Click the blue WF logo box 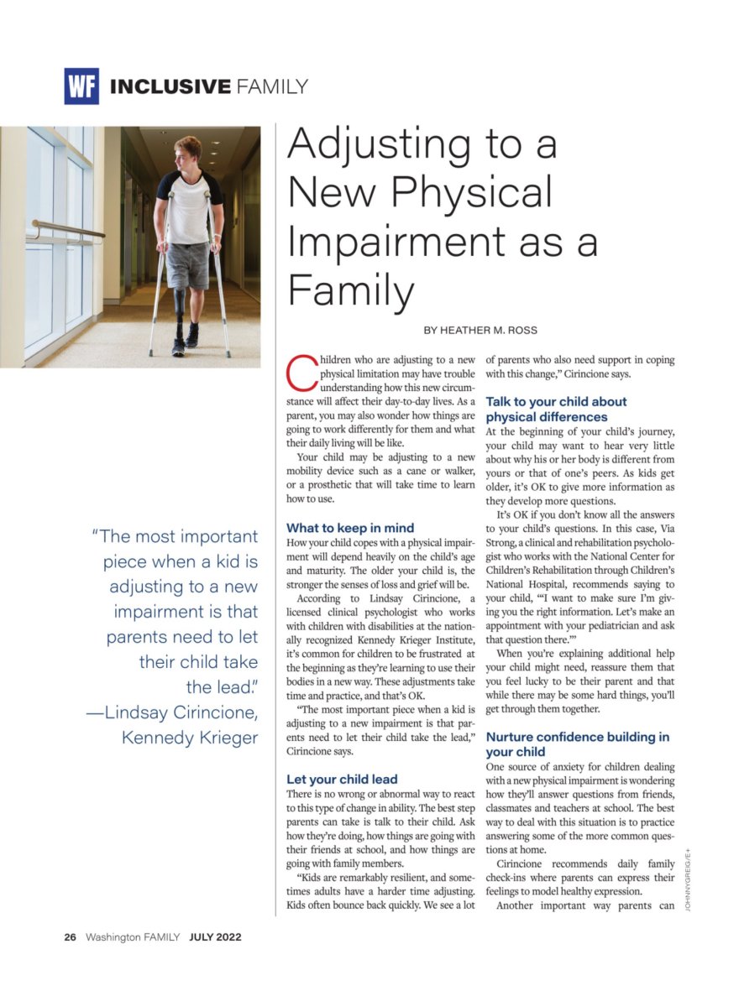(x=81, y=86)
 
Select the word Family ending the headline (x=351, y=290)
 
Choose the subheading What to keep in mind (x=350, y=528)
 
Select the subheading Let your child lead (x=342, y=779)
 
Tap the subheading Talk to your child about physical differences (x=556, y=410)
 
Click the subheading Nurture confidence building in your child (x=578, y=744)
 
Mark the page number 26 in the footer (x=71, y=937)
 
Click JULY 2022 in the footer (x=215, y=937)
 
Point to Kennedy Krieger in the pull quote (x=190, y=738)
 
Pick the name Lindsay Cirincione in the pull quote (x=181, y=712)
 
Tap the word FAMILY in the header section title (x=272, y=86)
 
